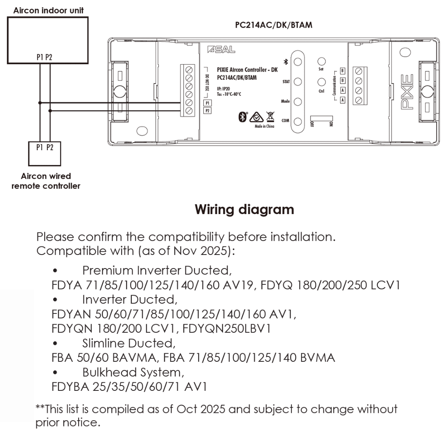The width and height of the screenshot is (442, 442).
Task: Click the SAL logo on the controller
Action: [x=221, y=50]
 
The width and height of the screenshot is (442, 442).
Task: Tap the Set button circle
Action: [x=322, y=61]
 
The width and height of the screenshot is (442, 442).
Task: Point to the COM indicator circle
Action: [x=298, y=122]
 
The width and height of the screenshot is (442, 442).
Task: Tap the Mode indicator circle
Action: [x=298, y=101]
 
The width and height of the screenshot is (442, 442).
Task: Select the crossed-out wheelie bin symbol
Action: [x=270, y=117]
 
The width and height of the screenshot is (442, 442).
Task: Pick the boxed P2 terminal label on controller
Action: [x=207, y=111]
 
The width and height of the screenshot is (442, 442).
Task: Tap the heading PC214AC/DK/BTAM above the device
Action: [x=273, y=25]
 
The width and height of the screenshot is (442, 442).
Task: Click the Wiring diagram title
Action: [x=244, y=210]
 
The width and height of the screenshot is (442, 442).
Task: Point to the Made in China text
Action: [x=264, y=126]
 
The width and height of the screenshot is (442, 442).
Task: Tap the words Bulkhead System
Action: [x=133, y=372]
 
